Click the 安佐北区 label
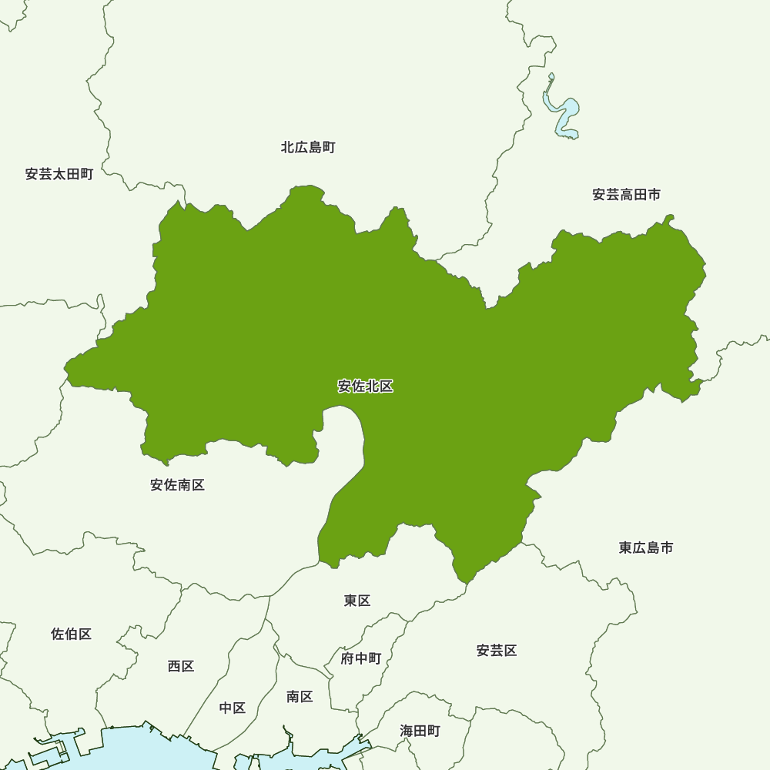[366, 387]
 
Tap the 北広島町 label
[308, 147]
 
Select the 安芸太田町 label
[59, 174]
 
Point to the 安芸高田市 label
[626, 195]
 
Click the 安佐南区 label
[178, 485]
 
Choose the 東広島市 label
[646, 547]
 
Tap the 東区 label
[357, 601]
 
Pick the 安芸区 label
[497, 651]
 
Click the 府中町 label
[361, 658]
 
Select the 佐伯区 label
[72, 634]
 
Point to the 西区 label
[181, 666]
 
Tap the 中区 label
[233, 708]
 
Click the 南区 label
[300, 697]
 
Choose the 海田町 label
[420, 731]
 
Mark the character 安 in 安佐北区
[345, 387]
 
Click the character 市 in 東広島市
[667, 547]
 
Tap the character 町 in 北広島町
[329, 147]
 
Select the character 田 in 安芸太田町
[73, 174]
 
